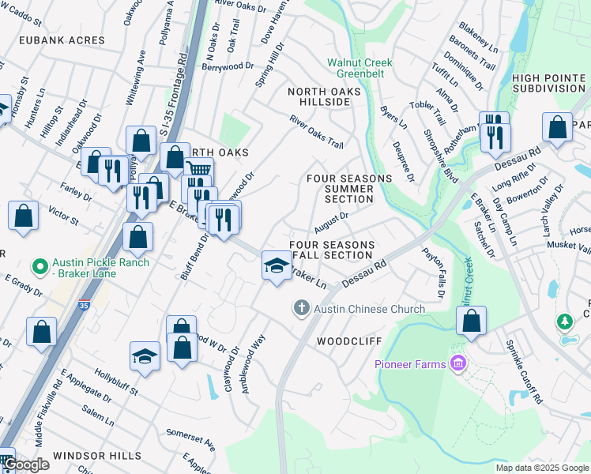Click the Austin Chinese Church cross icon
pyautogui.click(x=301, y=308)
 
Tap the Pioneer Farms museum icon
pyautogui.click(x=457, y=364)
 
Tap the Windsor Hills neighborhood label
pyautogui.click(x=97, y=457)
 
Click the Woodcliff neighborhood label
pyautogui.click(x=349, y=341)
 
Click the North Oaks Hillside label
pyautogui.click(x=324, y=98)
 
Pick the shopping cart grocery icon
pyautogui.click(x=198, y=170)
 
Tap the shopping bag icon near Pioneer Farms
pyautogui.click(x=472, y=322)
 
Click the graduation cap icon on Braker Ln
pyautogui.click(x=277, y=265)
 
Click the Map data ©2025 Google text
pyautogui.click(x=541, y=468)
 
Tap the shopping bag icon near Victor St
pyautogui.click(x=24, y=215)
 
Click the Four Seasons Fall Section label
pyautogui.click(x=331, y=250)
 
